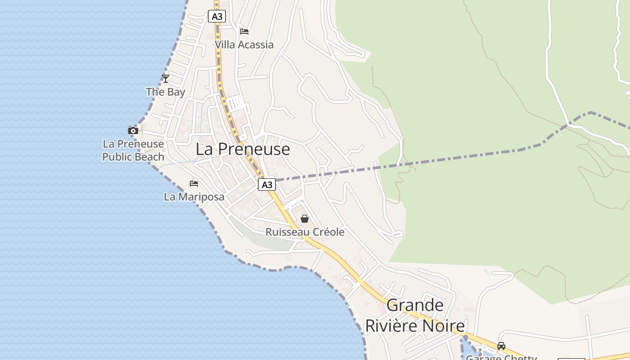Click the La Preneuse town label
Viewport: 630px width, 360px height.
point(243,149)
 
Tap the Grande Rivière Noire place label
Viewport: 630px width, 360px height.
point(414,315)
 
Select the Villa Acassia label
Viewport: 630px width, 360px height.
point(244,45)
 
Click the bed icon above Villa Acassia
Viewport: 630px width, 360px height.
point(244,31)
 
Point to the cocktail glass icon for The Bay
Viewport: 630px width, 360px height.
point(166,79)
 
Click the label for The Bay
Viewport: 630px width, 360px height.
point(166,92)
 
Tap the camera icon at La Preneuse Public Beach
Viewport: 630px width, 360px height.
point(133,130)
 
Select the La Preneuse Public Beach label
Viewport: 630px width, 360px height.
point(133,150)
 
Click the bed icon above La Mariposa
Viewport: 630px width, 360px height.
point(194,183)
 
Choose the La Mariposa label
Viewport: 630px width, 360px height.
point(194,197)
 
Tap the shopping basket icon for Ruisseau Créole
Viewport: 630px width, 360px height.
point(305,219)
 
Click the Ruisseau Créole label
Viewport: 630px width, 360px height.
point(305,232)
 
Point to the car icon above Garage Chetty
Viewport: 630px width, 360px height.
point(501,346)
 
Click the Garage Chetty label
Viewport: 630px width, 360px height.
point(501,357)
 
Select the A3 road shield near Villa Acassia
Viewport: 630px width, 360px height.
point(217,17)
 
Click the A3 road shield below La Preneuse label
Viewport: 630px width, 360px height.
point(267,184)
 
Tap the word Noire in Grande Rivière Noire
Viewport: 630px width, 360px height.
point(443,326)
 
